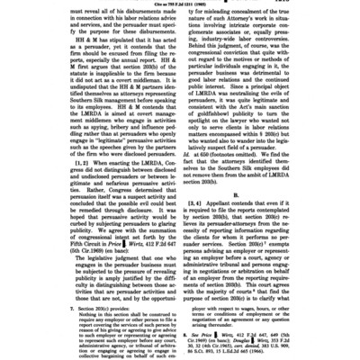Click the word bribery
coord(145,116)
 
